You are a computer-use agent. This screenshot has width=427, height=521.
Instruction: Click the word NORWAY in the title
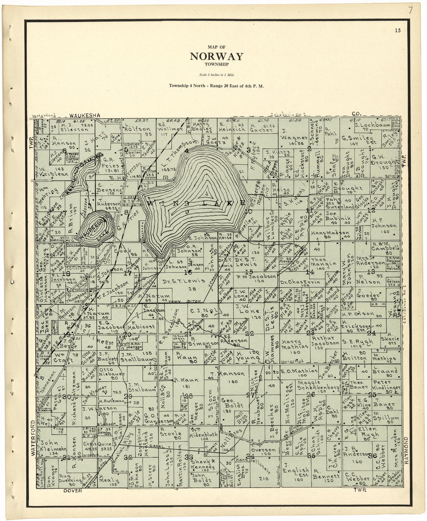[216, 56]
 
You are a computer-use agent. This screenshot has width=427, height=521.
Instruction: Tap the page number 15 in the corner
[397, 30]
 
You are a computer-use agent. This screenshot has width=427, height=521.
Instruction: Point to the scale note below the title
[216, 75]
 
